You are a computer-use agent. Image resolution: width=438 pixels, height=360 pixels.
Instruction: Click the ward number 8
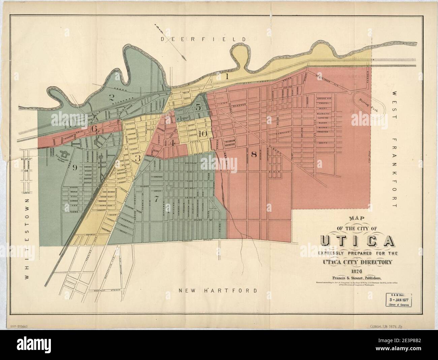(x=254, y=155)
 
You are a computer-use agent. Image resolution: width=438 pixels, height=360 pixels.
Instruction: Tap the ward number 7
(x=156, y=199)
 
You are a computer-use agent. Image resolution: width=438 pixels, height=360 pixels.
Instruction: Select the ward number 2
(x=110, y=97)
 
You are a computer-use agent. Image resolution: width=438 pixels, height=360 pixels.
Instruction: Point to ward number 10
(x=202, y=133)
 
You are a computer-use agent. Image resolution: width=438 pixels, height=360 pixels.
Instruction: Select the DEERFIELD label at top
(x=208, y=39)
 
